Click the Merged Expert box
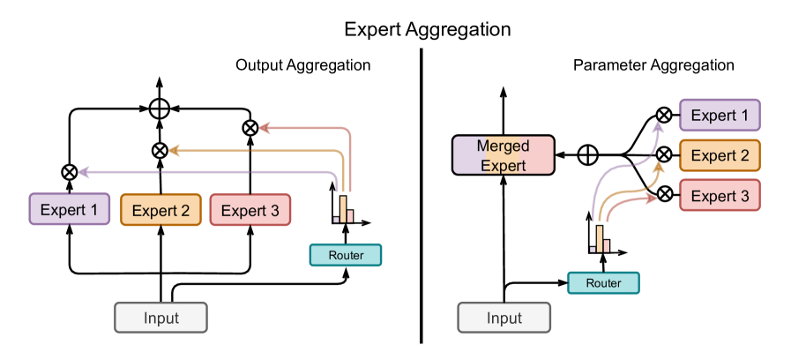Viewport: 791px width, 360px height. coord(503,155)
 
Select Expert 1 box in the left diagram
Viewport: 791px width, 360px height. coord(71,210)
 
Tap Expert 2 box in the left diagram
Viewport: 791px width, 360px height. coord(160,210)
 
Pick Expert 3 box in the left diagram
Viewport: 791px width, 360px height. coord(250,210)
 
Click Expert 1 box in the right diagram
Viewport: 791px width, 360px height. coord(719,116)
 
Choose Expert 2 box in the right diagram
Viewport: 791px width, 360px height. coord(719,155)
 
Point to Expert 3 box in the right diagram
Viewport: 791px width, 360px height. coord(719,196)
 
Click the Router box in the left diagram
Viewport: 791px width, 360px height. coord(346,255)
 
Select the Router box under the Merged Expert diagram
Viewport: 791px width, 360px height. coord(603,283)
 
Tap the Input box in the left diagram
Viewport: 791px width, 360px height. coord(160,318)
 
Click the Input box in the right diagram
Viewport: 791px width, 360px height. coord(504,318)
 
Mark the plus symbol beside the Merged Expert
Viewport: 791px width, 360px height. coord(587,155)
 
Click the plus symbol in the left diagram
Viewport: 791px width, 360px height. coord(160,109)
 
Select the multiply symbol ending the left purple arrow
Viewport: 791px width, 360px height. coord(70,172)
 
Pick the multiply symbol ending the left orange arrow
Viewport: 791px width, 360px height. coord(160,150)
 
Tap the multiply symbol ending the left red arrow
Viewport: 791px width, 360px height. coord(250,128)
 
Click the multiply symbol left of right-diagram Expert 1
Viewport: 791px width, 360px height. coord(664,115)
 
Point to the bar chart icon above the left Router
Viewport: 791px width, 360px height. coord(346,207)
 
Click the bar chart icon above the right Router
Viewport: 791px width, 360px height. coord(603,236)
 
